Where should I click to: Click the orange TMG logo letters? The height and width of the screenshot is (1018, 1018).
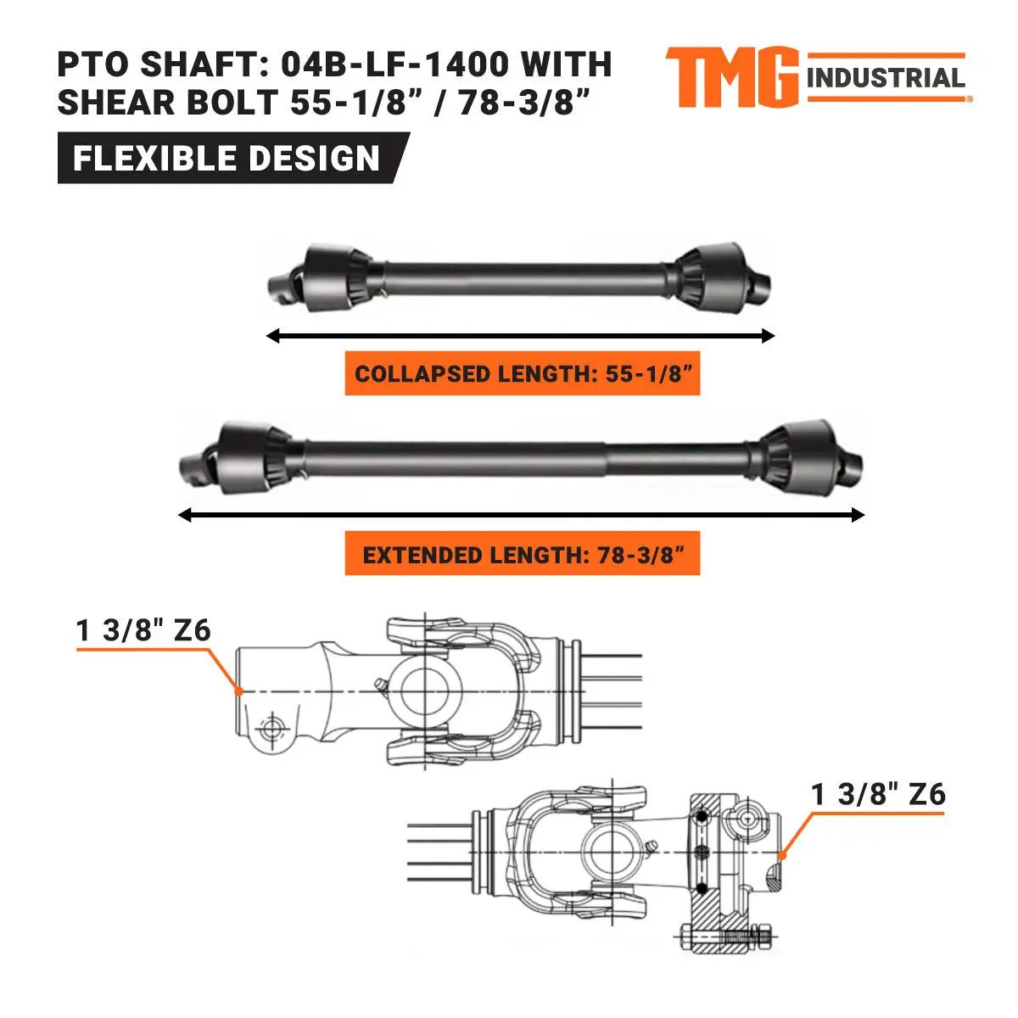tap(730, 77)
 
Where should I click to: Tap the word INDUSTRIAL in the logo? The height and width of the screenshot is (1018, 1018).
tap(886, 79)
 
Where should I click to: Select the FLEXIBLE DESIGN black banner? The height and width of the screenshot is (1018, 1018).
tap(227, 159)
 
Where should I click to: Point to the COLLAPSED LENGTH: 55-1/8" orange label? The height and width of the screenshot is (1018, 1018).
tap(522, 374)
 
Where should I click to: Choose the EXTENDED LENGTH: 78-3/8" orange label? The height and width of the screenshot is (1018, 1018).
tap(522, 555)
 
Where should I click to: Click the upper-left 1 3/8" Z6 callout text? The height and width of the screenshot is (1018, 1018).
tap(143, 630)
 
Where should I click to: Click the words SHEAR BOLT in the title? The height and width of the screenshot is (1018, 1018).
tap(166, 103)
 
